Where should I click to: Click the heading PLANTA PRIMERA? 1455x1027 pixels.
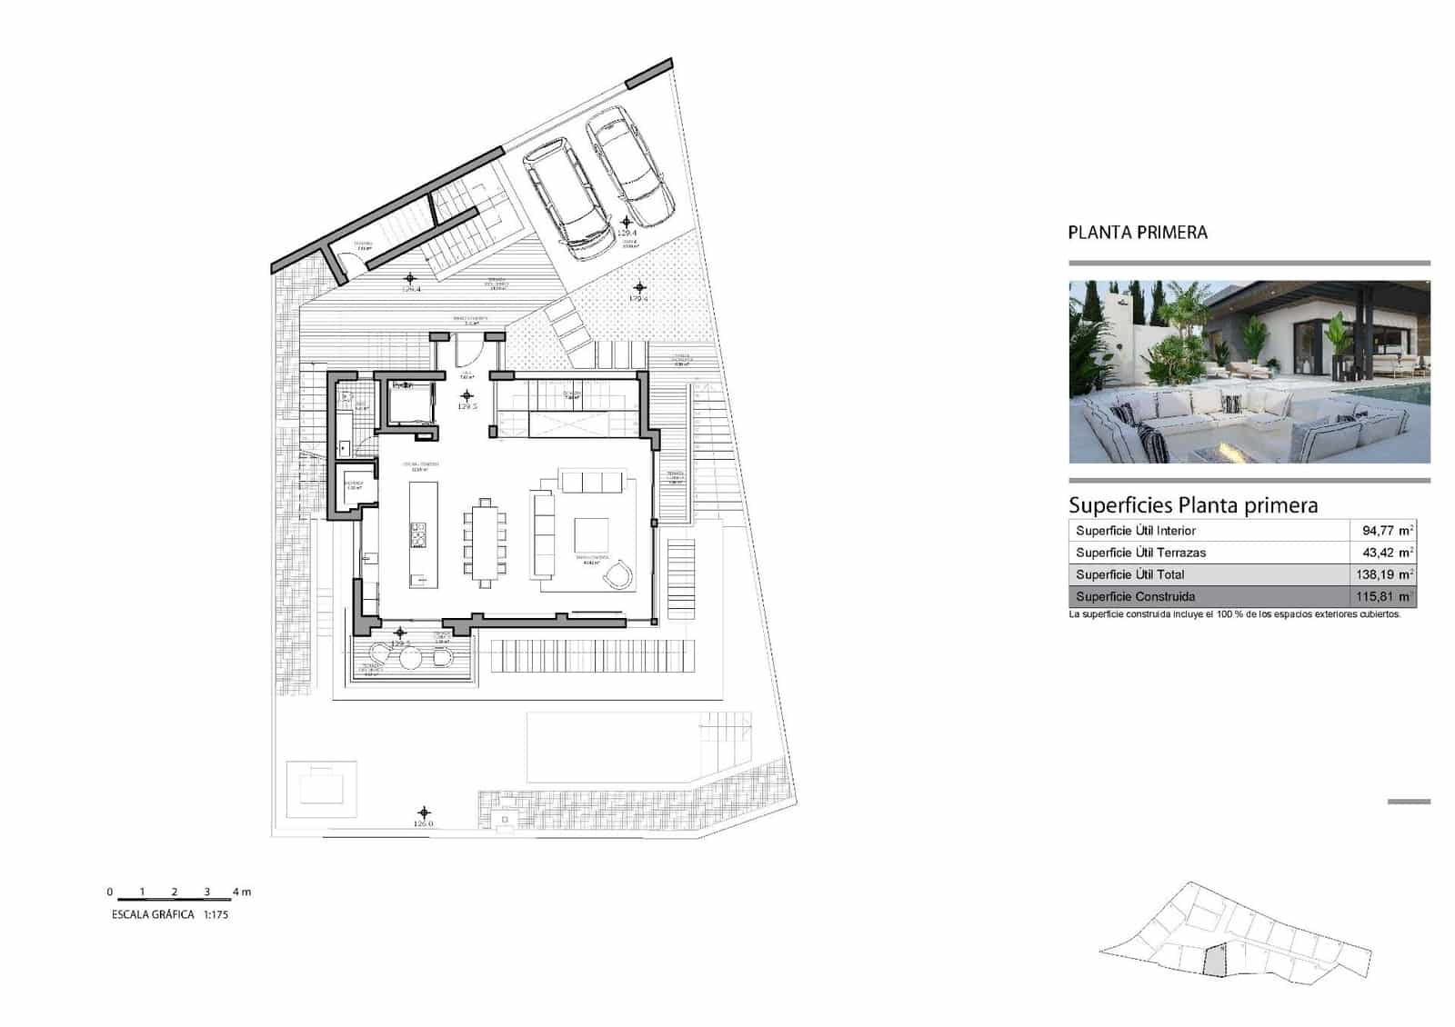[x=1138, y=233]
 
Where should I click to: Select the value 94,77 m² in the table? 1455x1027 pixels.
[x=1386, y=531]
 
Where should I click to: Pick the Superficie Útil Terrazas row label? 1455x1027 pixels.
[x=1140, y=553]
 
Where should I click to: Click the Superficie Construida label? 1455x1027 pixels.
[x=1135, y=597]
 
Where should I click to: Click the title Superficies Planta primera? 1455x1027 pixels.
[x=1192, y=505]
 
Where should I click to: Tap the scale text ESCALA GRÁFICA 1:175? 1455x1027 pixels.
[x=168, y=914]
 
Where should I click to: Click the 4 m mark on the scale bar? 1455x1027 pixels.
[x=240, y=892]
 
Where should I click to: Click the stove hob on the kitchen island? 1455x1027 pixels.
[x=417, y=536]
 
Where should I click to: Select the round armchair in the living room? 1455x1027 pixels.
[x=619, y=574]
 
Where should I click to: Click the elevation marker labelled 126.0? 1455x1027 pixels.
[x=424, y=813]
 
